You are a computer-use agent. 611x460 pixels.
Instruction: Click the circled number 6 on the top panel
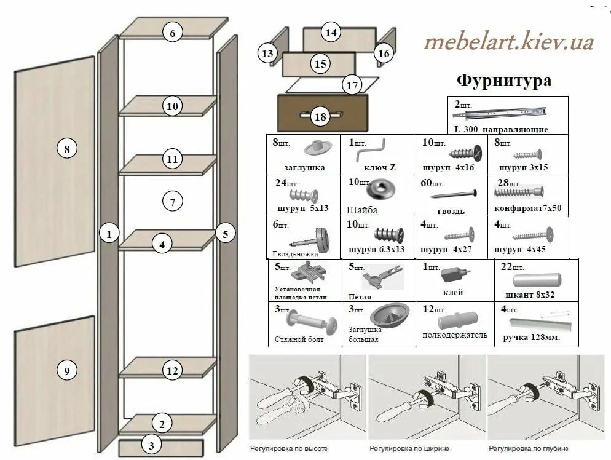tap(173, 34)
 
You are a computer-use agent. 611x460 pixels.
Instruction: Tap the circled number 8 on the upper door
tap(67, 148)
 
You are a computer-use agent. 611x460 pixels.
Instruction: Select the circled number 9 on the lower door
tap(67, 370)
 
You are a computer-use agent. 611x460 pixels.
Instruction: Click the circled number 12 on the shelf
tap(173, 370)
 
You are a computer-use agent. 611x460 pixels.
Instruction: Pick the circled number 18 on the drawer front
tap(320, 116)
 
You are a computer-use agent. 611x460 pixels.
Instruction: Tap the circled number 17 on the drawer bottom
tap(351, 85)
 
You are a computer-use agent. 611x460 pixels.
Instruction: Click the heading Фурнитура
tap(503, 81)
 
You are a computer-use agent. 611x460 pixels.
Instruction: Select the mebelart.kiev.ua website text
tap(508, 42)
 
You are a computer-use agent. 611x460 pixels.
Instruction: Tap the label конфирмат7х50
tap(527, 208)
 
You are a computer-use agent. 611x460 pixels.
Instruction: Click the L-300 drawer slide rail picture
tap(506, 113)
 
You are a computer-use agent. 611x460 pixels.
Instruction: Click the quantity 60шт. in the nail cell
tap(433, 183)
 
